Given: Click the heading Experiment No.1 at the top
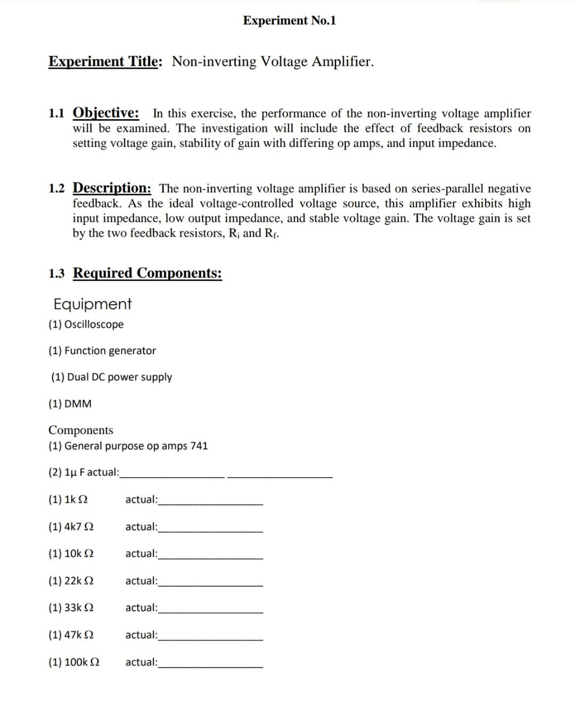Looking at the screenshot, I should [x=289, y=21].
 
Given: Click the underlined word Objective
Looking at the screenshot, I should [x=106, y=113].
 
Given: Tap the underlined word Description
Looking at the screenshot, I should [x=112, y=188].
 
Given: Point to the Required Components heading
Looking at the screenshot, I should [x=147, y=273].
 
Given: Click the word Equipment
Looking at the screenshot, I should [x=92, y=304].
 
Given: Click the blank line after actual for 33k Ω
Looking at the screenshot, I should [x=210, y=612].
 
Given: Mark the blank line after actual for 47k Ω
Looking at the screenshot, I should [x=210, y=639].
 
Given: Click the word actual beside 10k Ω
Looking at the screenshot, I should [x=141, y=554].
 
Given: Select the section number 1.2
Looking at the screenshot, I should [x=56, y=189].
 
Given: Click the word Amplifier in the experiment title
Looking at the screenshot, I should [x=342, y=62].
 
